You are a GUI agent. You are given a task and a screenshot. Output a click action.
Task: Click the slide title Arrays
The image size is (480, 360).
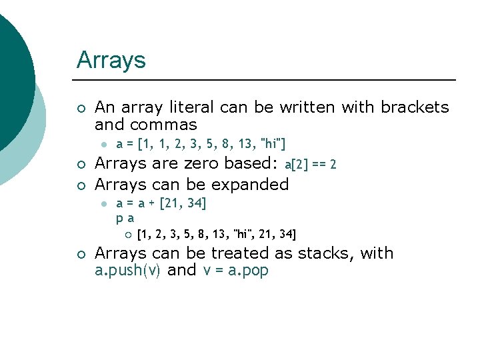point(111,61)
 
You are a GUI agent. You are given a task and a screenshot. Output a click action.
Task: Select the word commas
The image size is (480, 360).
point(164,125)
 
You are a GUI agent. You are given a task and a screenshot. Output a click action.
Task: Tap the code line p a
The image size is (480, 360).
point(125,218)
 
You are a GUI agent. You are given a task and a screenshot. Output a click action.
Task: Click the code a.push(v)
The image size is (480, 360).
point(127,271)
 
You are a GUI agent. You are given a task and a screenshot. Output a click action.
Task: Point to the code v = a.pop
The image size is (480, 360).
point(235,271)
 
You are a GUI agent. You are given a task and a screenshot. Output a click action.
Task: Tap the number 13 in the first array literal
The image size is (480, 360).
point(247,143)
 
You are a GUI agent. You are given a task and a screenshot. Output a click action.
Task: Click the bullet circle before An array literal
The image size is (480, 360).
point(81,108)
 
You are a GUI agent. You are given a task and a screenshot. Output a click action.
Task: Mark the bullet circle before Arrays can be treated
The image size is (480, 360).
point(81,254)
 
